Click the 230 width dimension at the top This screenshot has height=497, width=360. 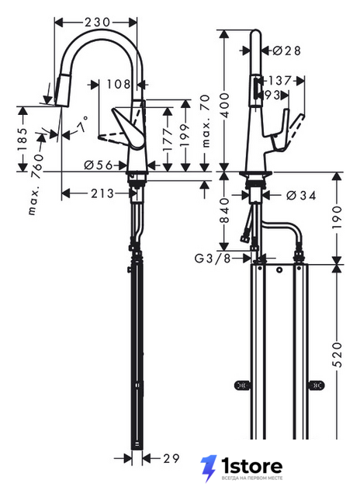click(97, 23)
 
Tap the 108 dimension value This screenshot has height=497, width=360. click(119, 85)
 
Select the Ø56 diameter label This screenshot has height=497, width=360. click(99, 165)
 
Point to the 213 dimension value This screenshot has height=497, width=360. click(102, 193)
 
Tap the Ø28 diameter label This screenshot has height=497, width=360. click(287, 50)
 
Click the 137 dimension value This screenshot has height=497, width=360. click(279, 81)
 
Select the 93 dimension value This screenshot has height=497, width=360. click(272, 95)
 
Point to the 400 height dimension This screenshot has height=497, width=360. click(224, 106)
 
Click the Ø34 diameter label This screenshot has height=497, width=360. click(301, 196)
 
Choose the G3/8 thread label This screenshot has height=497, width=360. click(213, 259)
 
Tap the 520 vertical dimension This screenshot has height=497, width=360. click(337, 355)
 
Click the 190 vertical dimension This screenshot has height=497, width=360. click(337, 217)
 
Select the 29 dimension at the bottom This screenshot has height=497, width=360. click(171, 458)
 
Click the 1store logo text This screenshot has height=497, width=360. click(252, 466)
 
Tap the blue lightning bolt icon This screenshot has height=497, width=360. click(209, 468)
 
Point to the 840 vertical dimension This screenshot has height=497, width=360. click(224, 210)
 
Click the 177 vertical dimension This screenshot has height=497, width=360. click(168, 139)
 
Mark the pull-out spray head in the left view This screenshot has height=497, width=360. click(62, 90)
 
